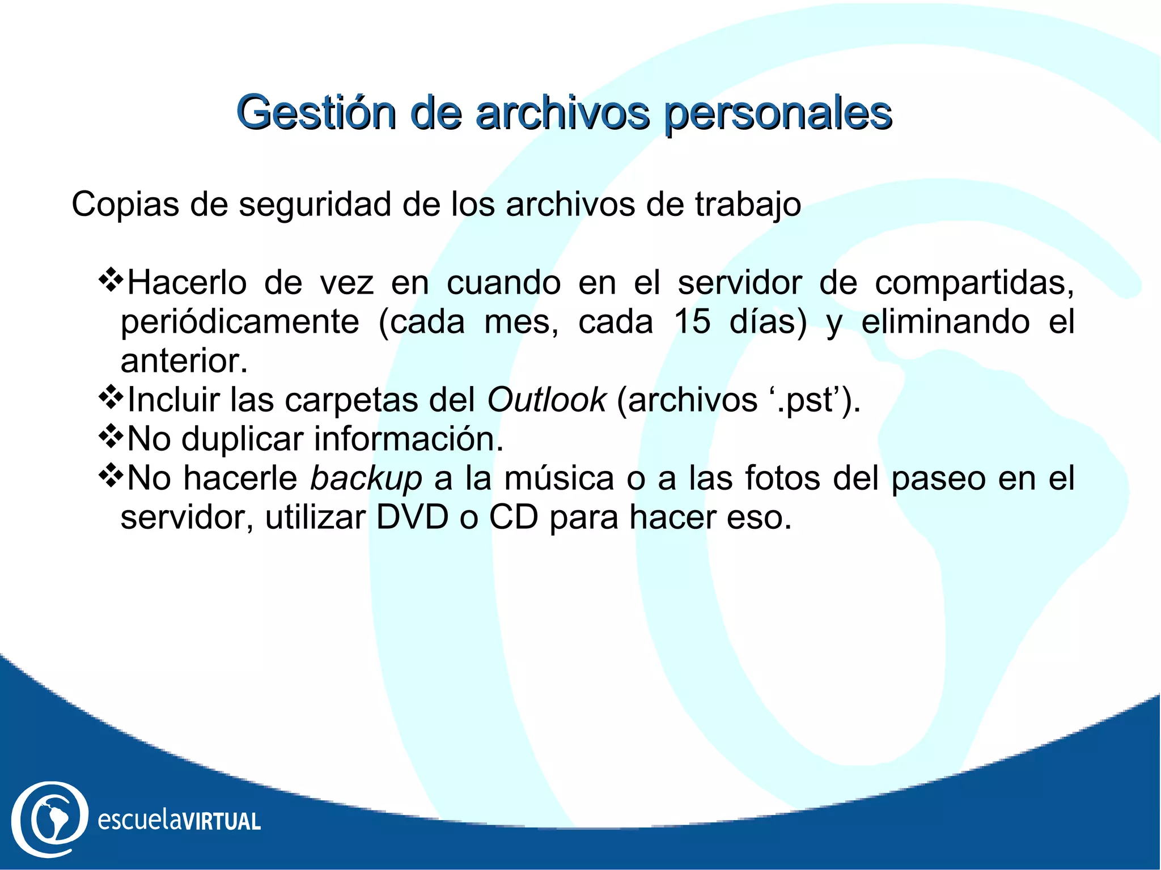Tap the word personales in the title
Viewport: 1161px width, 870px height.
(778, 113)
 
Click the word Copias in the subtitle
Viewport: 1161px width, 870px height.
(125, 205)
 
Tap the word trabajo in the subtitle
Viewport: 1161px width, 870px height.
(748, 205)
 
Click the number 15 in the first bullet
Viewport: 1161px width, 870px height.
(692, 322)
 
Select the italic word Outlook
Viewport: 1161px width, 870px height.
(546, 400)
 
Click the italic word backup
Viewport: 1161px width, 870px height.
(366, 478)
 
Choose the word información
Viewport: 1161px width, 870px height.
(408, 439)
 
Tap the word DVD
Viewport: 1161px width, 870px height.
(412, 517)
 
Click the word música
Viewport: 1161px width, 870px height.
(559, 478)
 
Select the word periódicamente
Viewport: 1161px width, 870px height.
(240, 322)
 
